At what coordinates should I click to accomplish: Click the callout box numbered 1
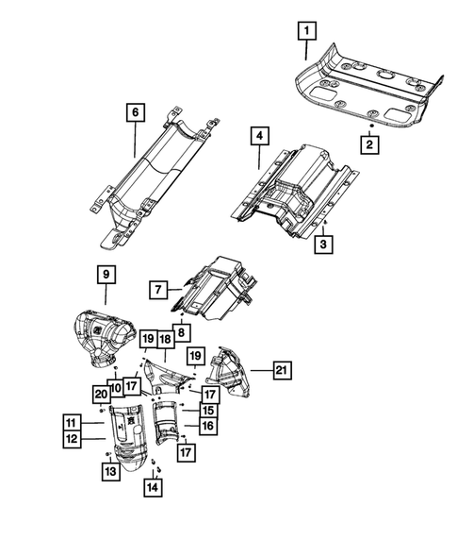[x=305, y=30]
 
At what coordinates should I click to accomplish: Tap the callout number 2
[x=370, y=144]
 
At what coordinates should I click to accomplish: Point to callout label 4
[x=257, y=137]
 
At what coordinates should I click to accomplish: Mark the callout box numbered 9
[x=106, y=275]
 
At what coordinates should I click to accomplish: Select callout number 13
[x=110, y=471]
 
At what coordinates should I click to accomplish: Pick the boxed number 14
[x=150, y=487]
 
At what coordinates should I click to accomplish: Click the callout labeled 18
[x=164, y=338]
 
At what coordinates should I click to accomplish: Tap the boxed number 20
[x=100, y=394]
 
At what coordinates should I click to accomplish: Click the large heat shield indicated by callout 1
[x=367, y=85]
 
